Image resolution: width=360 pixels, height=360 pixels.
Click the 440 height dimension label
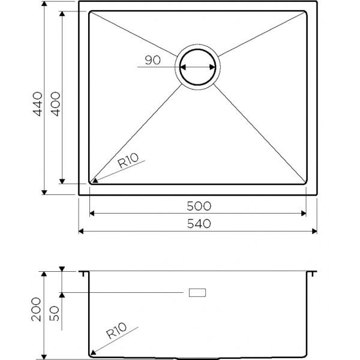coord(37,103)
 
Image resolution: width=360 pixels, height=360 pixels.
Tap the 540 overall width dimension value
coord(198,224)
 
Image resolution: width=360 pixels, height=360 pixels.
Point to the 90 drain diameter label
coord(153,60)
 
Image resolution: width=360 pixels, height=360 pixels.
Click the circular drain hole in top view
coord(198,67)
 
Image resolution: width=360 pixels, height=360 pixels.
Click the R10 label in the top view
coord(128,160)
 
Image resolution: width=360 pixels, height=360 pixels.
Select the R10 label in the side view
coord(117,332)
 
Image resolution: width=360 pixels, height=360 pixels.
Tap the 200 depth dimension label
coord(37,309)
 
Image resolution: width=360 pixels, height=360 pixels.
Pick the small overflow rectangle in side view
coord(197,292)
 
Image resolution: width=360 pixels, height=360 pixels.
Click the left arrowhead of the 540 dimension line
coord(82,231)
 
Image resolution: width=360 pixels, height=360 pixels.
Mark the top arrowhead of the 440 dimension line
coord(45,5)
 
